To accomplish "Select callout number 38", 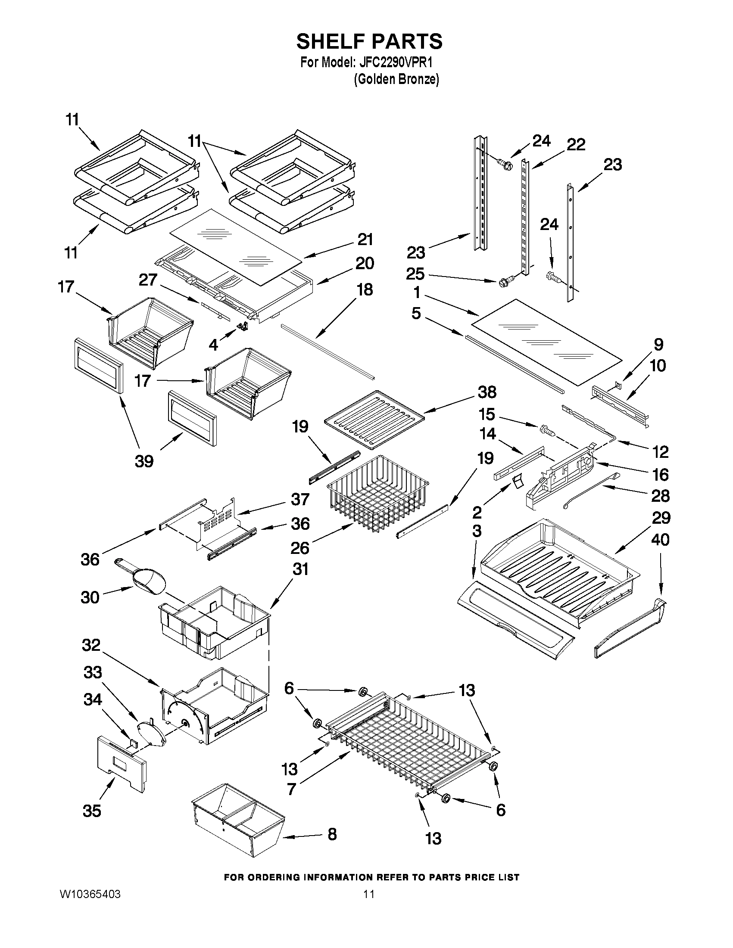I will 487,392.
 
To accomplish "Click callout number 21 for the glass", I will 365,239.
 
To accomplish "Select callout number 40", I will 661,540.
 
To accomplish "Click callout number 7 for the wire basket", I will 291,789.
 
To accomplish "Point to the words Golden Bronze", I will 396,79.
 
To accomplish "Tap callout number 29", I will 661,517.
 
